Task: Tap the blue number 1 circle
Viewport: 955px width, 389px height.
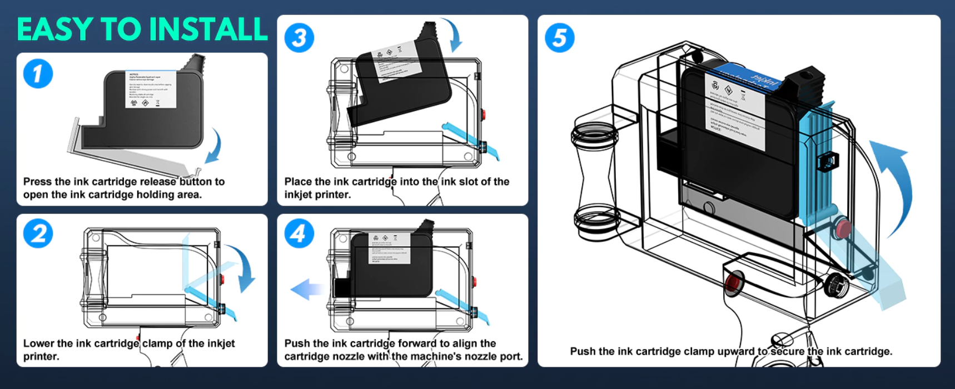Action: tap(38, 74)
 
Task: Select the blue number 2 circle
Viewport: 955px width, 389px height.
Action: tap(38, 233)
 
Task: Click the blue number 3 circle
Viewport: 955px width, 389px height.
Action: tap(299, 38)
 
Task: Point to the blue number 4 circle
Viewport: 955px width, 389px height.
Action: tap(299, 233)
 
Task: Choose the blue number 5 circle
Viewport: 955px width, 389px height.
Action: tap(559, 38)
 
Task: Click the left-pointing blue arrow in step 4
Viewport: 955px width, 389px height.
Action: tap(307, 289)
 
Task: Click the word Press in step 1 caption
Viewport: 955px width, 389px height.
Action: tap(37, 182)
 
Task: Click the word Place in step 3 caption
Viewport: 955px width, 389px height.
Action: tap(298, 182)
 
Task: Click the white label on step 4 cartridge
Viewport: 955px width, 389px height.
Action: tap(389, 248)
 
